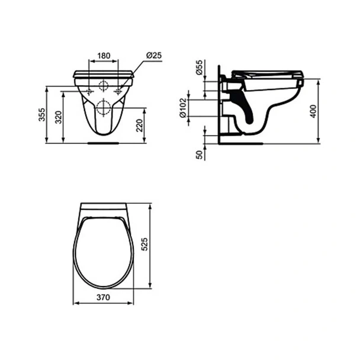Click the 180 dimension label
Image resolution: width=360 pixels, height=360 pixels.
104,56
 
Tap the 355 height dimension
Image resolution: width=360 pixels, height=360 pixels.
41,115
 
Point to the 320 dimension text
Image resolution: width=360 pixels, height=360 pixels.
58,117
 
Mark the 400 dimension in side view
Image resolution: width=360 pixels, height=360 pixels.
313,110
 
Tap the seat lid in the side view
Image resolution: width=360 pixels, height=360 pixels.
269,73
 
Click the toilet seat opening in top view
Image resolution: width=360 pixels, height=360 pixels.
104,255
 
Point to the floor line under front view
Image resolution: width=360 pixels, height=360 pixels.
104,142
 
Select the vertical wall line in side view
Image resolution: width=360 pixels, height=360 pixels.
220,107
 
